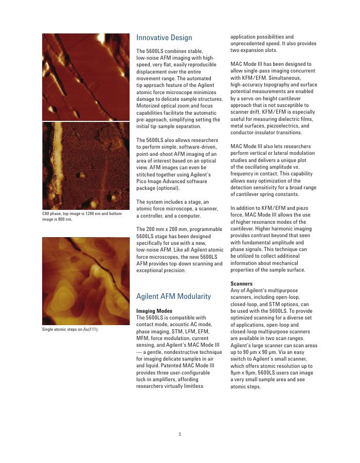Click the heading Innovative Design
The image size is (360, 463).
coord(164,38)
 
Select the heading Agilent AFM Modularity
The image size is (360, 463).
coord(173,296)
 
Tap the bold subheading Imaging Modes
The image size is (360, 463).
coord(154,311)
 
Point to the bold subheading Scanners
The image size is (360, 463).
coord(241,283)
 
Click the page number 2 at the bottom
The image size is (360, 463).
coord(179,434)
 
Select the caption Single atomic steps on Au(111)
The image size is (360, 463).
coord(70,330)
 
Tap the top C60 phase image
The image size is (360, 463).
coord(85,77)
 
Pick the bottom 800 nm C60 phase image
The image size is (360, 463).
coord(85,166)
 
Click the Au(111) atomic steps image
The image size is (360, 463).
coord(85,281)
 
